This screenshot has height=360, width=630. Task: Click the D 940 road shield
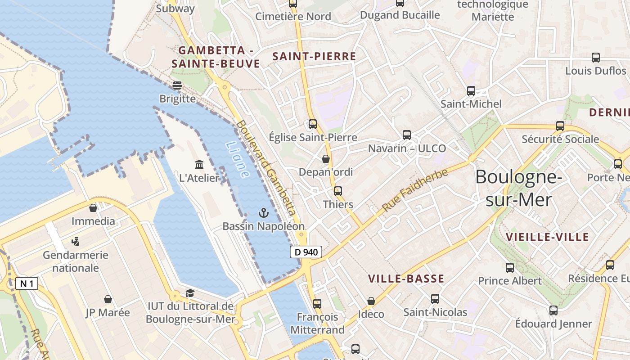point(306,252)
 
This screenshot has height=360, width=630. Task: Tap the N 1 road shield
point(27,283)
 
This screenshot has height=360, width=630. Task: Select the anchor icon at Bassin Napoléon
point(264,213)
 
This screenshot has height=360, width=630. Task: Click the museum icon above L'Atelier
point(199,164)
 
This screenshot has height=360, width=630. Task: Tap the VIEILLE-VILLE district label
point(547,237)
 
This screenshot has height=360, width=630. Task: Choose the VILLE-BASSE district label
point(406,279)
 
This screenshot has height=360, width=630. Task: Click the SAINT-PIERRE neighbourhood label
point(314,57)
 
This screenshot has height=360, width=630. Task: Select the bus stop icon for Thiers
point(338,191)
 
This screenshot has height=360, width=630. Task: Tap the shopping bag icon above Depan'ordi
point(326,159)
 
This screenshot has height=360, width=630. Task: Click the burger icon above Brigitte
point(177,85)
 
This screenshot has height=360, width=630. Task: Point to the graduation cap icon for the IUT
point(190,293)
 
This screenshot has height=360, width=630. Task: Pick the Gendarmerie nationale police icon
point(75,242)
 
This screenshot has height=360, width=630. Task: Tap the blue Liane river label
point(237,159)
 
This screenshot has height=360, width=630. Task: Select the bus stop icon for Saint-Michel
point(471,91)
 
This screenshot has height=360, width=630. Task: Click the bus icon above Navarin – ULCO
point(407,135)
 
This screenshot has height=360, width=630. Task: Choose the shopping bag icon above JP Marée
point(108,299)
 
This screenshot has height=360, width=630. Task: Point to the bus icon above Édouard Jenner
point(553,310)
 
